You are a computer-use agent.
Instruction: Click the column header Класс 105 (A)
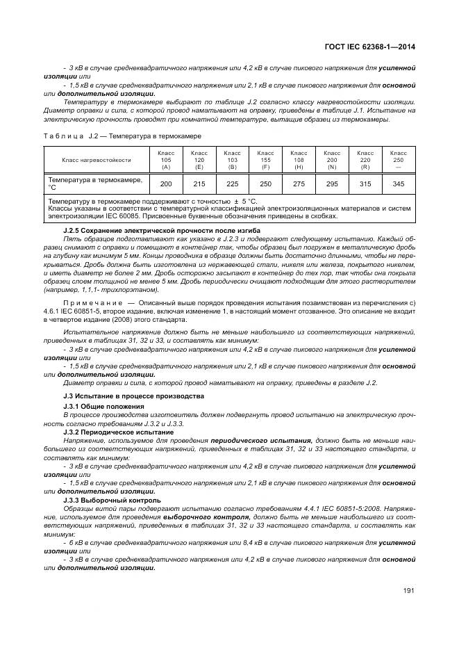click(x=166, y=159)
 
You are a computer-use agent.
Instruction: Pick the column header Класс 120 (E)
click(x=199, y=159)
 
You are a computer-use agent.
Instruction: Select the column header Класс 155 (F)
click(x=266, y=159)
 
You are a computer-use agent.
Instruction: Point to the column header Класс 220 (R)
click(x=365, y=159)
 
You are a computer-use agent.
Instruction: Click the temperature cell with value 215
click(x=199, y=184)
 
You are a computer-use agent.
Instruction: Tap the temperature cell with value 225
click(x=233, y=184)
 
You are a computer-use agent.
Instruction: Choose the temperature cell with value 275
click(x=299, y=184)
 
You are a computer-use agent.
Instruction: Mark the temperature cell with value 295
click(x=332, y=184)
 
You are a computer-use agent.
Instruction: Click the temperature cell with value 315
click(x=365, y=184)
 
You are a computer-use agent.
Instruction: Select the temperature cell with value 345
click(x=399, y=184)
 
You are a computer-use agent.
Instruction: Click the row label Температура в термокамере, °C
click(x=95, y=184)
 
